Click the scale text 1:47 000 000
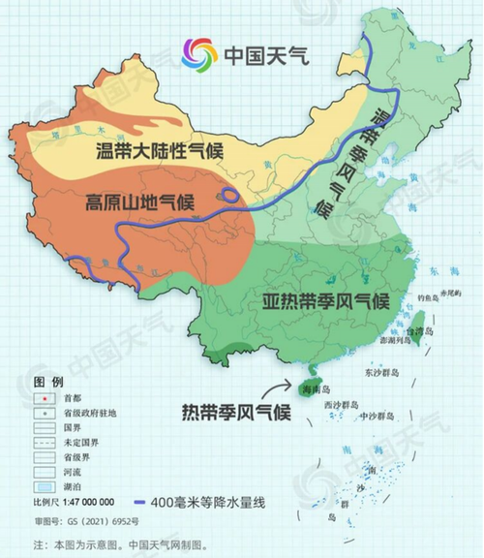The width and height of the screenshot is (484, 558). [x=86, y=502]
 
